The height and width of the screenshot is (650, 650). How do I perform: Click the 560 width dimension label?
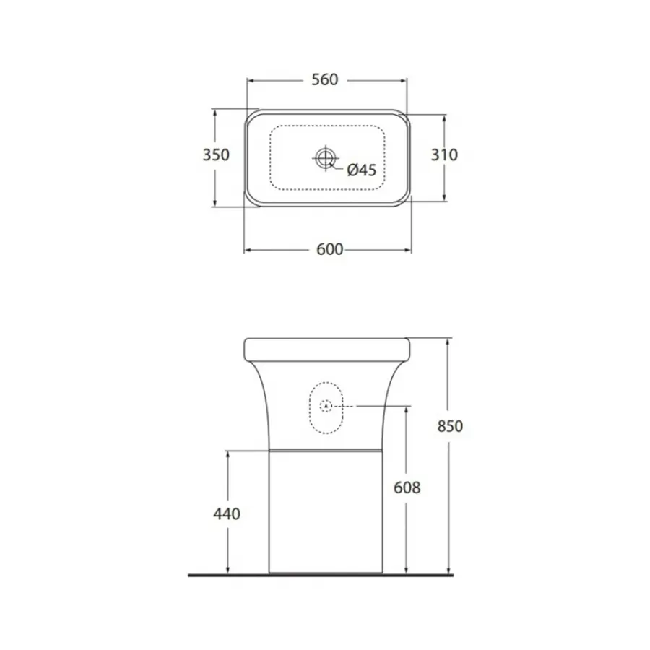tap(325, 79)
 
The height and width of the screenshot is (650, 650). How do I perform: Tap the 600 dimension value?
tap(329, 249)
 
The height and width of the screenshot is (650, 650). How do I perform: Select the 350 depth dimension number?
tap(216, 155)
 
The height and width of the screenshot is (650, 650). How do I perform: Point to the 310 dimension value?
tap(444, 155)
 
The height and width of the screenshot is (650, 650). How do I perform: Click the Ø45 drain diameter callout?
tap(362, 170)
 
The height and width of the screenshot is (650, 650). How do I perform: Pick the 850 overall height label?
tap(450, 425)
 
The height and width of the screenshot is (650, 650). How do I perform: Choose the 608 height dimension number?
tap(407, 487)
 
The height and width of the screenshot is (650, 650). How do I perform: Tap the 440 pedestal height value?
tap(227, 514)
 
